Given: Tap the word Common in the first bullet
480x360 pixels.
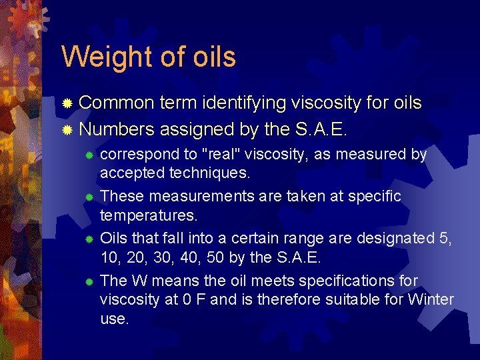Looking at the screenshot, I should pyautogui.click(x=117, y=103).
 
